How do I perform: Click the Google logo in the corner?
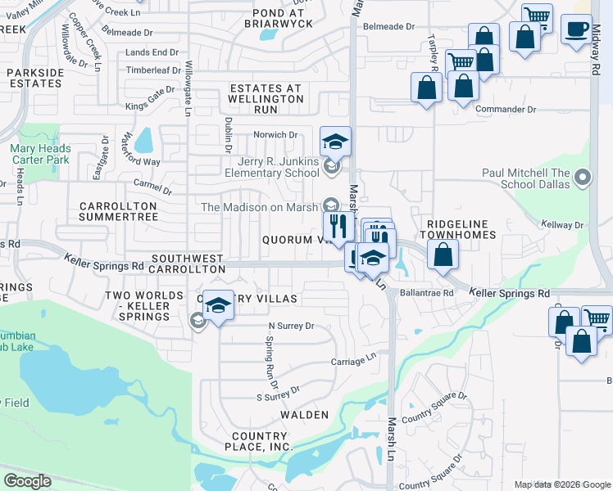[28, 481]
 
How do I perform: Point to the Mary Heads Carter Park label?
[40, 155]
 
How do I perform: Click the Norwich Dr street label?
[275, 135]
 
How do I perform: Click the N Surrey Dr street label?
[292, 326]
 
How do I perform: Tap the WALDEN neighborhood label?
[304, 415]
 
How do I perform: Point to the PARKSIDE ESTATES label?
[35, 78]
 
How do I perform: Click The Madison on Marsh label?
[259, 207]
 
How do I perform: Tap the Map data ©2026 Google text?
[561, 484]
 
